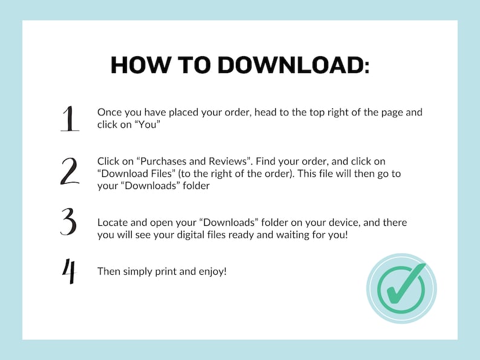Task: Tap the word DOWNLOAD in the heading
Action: click(x=293, y=65)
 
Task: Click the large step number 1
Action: click(x=70, y=118)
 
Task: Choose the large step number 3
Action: click(x=69, y=222)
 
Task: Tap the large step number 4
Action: click(x=69, y=271)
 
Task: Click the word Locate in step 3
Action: click(x=113, y=222)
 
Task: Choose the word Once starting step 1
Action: click(x=109, y=112)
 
